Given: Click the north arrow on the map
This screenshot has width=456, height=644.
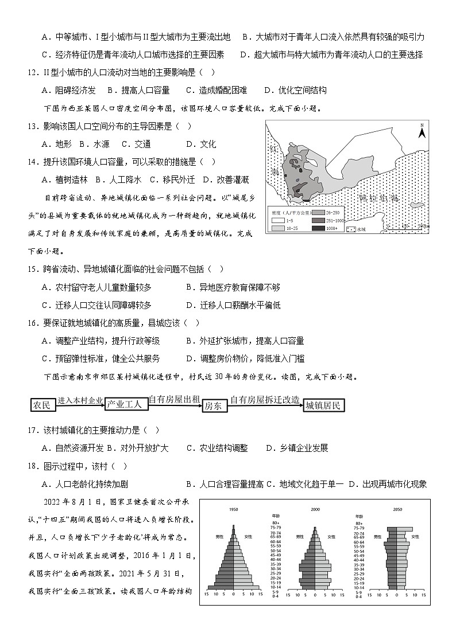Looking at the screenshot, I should click(x=421, y=131).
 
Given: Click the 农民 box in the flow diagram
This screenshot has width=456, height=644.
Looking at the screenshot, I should click(x=42, y=405).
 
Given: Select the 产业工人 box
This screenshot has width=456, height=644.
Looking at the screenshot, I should click(x=127, y=405).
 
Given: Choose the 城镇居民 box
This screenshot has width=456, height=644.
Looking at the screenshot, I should click(x=324, y=405).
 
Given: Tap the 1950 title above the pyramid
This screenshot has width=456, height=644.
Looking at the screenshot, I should click(x=234, y=509).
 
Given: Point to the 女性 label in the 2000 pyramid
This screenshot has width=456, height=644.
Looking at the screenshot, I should click(x=331, y=537).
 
